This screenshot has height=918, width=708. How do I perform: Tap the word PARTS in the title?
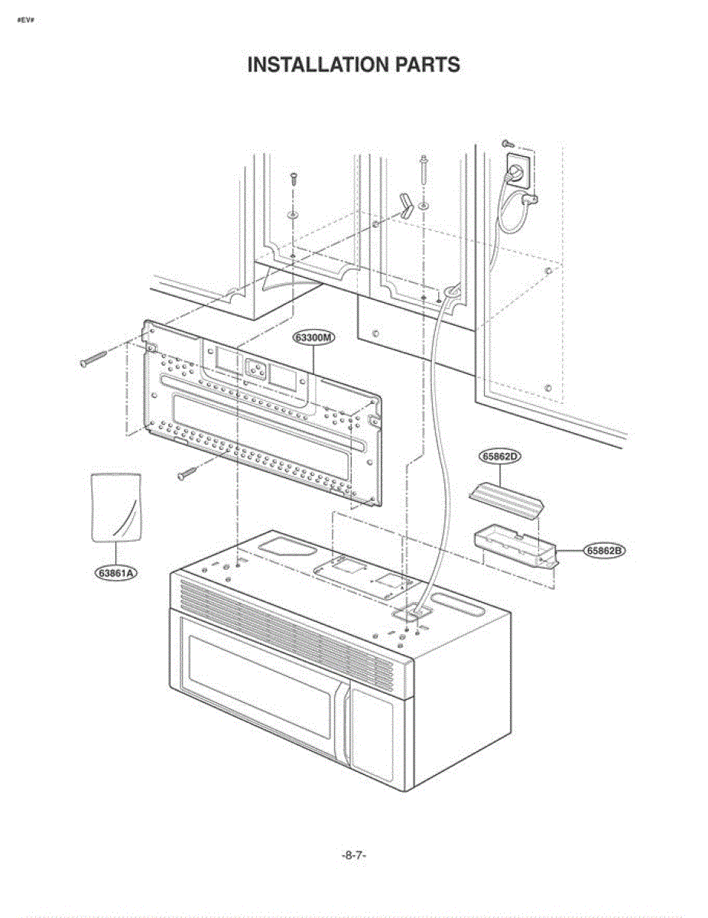pos(427,65)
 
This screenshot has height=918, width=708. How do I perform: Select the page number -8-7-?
pos(353,855)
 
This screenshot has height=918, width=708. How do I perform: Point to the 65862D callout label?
pos(501,457)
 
